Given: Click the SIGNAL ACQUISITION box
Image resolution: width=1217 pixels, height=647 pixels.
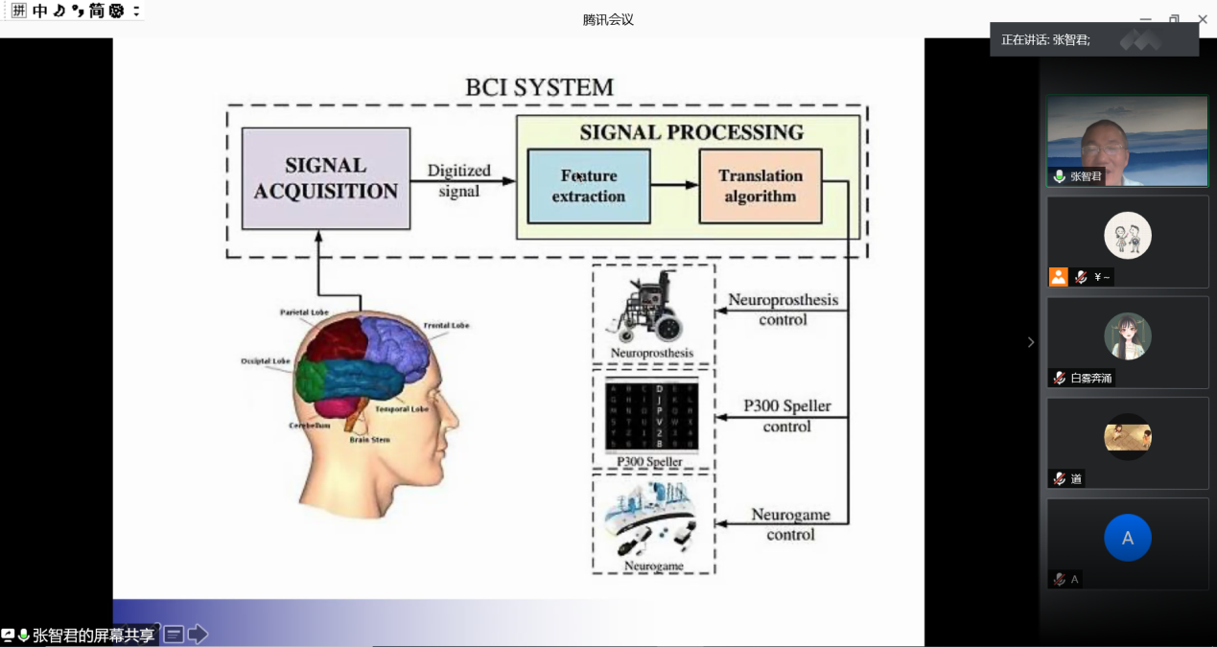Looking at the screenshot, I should pos(325,178).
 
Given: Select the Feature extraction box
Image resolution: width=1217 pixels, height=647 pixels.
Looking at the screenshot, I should pos(588,186).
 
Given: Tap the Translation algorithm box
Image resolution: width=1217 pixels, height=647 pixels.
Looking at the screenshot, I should pos(760,186).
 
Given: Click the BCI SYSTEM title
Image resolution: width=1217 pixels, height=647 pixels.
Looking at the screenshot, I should pos(539,87).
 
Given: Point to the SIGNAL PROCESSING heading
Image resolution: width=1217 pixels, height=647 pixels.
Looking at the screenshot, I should pos(690,132).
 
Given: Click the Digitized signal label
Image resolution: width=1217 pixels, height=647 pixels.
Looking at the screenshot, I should pos(458,180).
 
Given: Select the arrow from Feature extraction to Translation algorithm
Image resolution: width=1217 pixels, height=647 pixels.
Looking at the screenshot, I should pos(674,185).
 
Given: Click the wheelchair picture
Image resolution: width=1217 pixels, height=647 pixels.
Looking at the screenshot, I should pos(651,309).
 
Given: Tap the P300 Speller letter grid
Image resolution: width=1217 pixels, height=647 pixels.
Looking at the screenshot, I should pos(651,416).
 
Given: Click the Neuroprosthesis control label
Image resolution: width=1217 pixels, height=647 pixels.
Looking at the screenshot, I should pos(783,309).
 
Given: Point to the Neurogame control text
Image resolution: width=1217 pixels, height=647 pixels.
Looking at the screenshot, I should pos(790,524).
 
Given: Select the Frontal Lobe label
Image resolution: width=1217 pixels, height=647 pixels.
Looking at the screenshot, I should pos(446,326).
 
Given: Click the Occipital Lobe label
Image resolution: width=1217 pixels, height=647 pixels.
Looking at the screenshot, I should pos(266,361).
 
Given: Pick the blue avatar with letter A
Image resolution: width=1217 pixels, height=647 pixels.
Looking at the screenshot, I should pos(1127,538).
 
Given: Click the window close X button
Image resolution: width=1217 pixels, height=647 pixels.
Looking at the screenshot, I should pos(1202,19).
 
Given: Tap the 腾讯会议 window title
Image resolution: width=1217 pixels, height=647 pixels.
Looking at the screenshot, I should pos(608,19).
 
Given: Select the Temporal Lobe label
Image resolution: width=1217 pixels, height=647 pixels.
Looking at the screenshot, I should pos(401,409).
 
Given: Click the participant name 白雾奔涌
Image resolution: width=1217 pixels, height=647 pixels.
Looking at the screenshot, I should pos(1091,378).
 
